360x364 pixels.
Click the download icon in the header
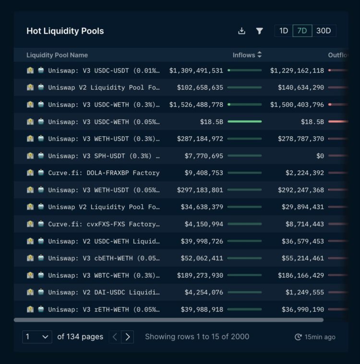[x=241, y=31]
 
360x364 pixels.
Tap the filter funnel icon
[x=259, y=31]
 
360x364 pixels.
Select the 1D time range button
[x=284, y=31]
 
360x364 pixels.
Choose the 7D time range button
[x=302, y=31]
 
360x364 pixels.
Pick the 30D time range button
[x=324, y=31]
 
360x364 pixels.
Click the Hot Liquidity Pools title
[x=65, y=31]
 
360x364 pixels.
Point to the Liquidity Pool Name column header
[x=57, y=55]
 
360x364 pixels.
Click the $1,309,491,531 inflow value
[x=196, y=70]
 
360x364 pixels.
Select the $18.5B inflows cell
[x=212, y=122]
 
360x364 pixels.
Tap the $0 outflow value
[x=320, y=156]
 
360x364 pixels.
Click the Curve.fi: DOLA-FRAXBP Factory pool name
[x=104, y=173]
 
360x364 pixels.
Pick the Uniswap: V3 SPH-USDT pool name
[x=104, y=156]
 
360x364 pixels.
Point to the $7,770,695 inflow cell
[x=204, y=156]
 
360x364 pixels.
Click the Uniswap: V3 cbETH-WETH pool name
[x=104, y=258]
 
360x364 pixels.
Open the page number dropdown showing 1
[x=37, y=337]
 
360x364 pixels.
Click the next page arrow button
[x=127, y=337]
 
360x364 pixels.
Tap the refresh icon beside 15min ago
[x=298, y=337]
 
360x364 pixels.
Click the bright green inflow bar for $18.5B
[x=245, y=122]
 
